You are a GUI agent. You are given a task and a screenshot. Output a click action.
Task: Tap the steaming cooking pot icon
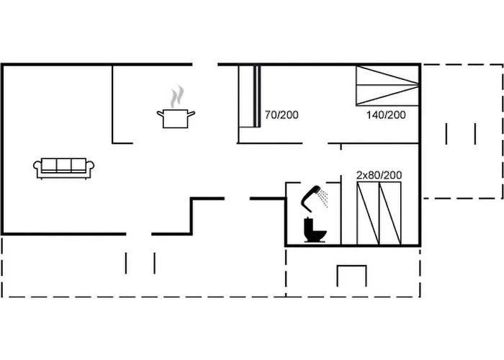point(175,117)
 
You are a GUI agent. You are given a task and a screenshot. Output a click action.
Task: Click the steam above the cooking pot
point(177,96)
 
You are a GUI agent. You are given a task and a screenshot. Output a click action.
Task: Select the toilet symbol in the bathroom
point(315,230)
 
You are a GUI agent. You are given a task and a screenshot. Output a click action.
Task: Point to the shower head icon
point(312,196)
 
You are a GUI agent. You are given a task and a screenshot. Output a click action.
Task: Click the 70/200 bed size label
point(282,114)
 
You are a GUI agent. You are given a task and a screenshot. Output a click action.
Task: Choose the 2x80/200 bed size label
point(379,175)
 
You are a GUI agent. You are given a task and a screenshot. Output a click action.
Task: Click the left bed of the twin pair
point(369,212)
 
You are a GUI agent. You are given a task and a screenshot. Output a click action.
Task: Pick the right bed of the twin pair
point(390,212)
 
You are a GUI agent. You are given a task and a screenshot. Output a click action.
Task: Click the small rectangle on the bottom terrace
point(352,275)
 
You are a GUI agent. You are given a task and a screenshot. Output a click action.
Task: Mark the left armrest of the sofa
point(37,168)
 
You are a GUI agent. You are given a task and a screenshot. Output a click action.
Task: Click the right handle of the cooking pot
point(192,112)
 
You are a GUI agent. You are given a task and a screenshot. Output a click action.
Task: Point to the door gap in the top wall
point(204,65)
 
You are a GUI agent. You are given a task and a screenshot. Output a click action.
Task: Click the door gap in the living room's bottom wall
point(139,233)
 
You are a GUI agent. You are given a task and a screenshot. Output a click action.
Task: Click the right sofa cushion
point(79,166)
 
